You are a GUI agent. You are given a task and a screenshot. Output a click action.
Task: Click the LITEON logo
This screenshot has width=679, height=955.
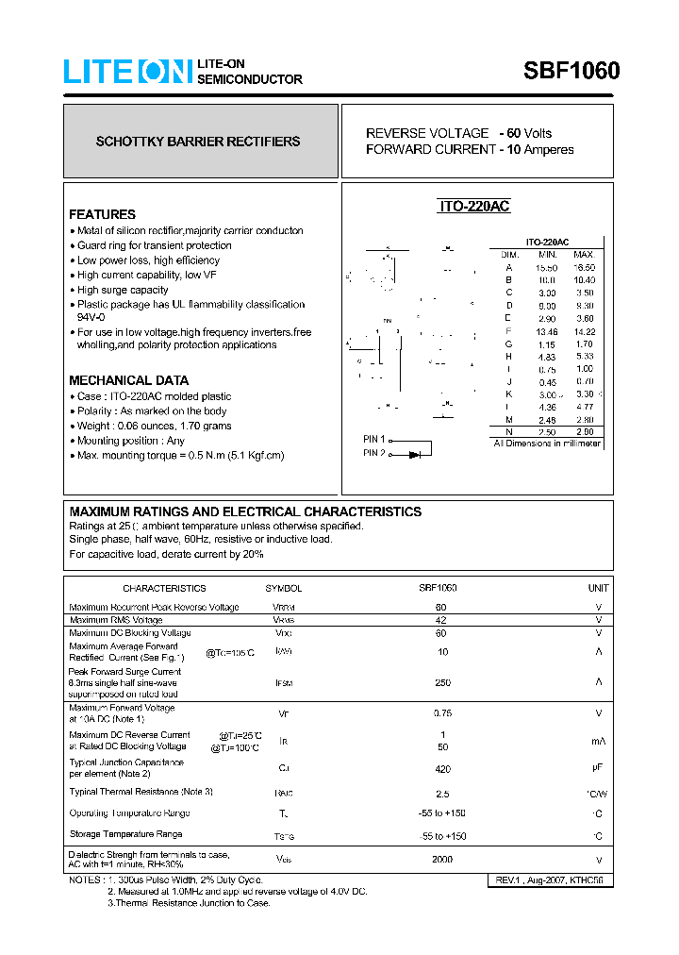[x=127, y=72]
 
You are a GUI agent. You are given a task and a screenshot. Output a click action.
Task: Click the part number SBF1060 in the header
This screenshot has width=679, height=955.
[x=571, y=72]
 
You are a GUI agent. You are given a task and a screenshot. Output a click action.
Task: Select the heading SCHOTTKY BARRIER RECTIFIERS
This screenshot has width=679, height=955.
[x=198, y=142]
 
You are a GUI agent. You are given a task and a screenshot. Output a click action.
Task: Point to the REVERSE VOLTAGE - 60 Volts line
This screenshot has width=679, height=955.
[x=458, y=133]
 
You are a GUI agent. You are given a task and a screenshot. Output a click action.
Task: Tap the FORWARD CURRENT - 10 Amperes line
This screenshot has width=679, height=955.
[x=469, y=149]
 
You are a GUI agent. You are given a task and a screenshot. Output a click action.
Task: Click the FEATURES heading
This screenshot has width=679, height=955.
[x=102, y=214]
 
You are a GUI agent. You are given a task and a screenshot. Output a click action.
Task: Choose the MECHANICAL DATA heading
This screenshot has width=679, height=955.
[x=128, y=380]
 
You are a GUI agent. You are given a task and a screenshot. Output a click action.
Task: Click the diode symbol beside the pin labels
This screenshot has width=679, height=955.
[x=415, y=455]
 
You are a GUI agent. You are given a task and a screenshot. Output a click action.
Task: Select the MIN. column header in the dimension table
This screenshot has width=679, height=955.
[x=548, y=255]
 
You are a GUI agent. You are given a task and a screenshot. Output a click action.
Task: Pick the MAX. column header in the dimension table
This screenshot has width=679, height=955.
[x=584, y=255]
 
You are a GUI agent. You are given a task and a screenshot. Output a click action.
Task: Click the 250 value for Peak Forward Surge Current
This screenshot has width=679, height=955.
[x=440, y=682]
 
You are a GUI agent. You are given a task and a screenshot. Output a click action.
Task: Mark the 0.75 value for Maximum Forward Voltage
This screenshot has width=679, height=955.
[x=440, y=713]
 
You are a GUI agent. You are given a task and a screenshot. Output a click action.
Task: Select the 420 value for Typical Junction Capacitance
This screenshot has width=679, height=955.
[x=440, y=768]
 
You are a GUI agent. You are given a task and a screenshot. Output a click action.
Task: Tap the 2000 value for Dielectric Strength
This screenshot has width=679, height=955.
[x=440, y=859]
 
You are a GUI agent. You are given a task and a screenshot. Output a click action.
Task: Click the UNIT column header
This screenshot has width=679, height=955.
[x=598, y=588]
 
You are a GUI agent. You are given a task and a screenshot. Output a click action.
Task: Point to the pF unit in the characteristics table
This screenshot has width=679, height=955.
[x=598, y=768]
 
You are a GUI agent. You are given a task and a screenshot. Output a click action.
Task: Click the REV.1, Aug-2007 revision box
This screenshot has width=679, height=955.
[x=549, y=880]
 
